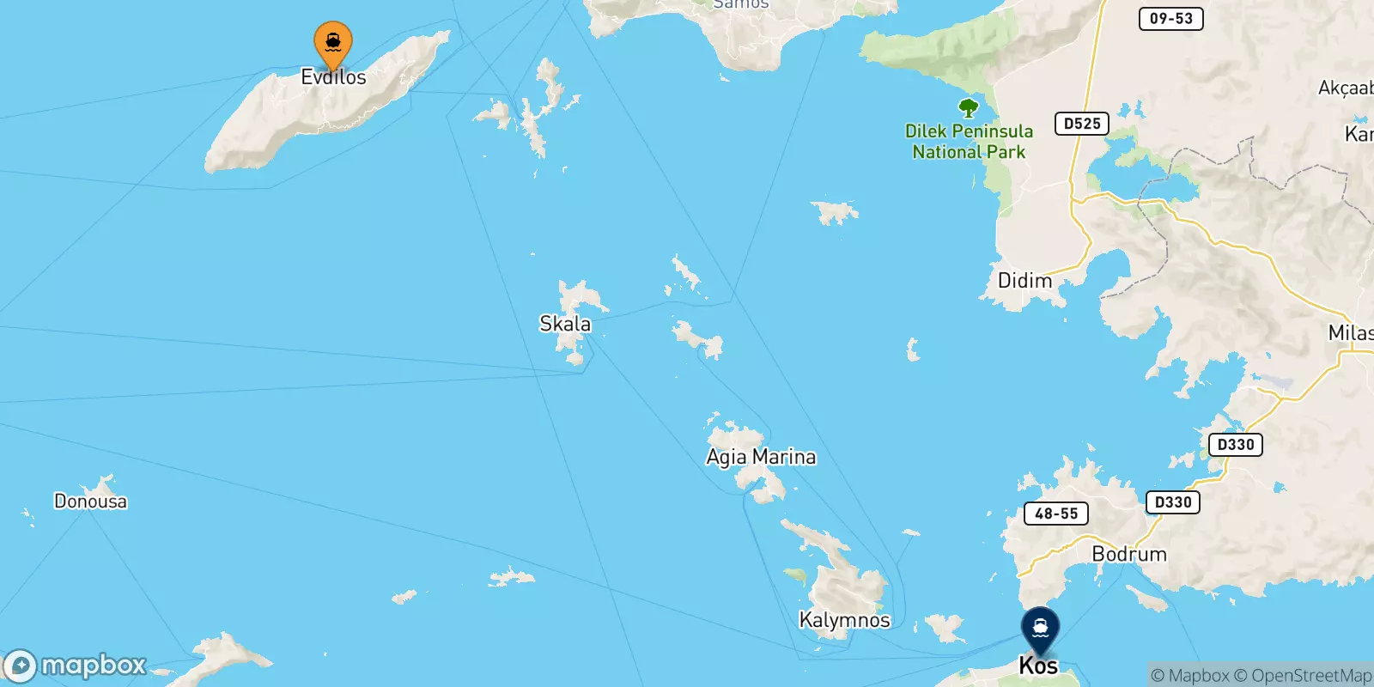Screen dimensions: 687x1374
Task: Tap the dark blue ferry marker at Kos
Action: [x=1040, y=629]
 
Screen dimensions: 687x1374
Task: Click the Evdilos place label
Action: [x=333, y=77]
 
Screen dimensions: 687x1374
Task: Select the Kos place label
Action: [x=1038, y=666]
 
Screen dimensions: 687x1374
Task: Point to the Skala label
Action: [x=565, y=324]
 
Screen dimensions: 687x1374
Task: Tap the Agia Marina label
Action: [x=761, y=457]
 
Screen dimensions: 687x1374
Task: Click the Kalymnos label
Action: [x=844, y=620]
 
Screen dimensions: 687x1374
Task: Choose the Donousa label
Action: [x=90, y=502]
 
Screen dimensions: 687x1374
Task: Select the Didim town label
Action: [x=1024, y=281]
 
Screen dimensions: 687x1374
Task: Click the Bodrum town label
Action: [x=1129, y=554]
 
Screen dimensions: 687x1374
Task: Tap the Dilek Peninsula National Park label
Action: [x=969, y=142]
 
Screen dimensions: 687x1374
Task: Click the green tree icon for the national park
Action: [x=969, y=108]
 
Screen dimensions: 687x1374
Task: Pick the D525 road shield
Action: [x=1082, y=124]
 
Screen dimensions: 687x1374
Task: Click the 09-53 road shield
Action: [x=1170, y=18]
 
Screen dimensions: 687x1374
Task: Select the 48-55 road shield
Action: [x=1056, y=514]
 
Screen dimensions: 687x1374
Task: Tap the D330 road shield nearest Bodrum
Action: [x=1172, y=502]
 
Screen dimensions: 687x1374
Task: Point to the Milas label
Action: [x=1350, y=333]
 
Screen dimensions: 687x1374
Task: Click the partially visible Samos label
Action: [x=741, y=4]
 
